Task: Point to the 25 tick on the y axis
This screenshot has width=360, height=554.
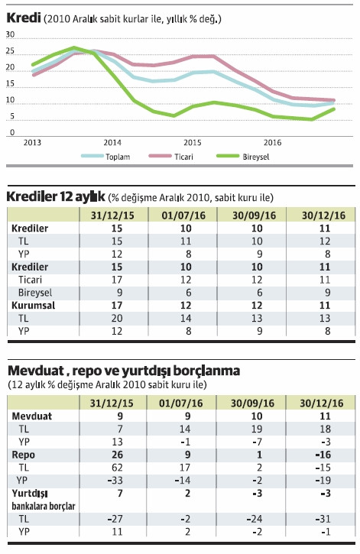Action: coord(10,51)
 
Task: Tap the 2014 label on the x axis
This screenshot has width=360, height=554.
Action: coord(112,142)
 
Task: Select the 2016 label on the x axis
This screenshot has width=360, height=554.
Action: coord(272,142)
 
